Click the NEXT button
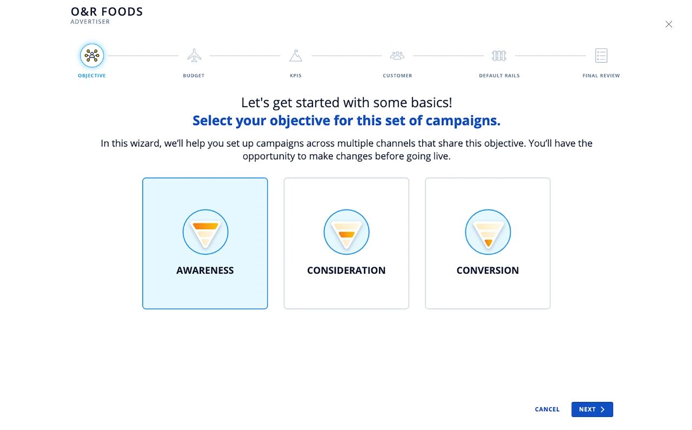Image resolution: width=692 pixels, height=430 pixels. coord(592,409)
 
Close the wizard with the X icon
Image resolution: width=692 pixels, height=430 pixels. coord(669,24)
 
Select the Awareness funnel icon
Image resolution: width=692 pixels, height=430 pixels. coord(205,232)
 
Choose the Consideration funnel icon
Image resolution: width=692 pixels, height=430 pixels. coord(347,232)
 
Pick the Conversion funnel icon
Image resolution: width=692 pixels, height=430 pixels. coord(488,232)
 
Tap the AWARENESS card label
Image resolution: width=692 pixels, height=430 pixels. coord(205,270)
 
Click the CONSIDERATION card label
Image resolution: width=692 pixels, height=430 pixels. coord(347,270)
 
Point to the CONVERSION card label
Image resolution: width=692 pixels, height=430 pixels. coord(488,270)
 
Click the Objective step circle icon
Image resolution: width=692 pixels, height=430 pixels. coord(92,56)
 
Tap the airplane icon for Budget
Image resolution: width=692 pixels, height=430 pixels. coord(194,55)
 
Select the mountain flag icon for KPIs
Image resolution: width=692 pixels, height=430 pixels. coord(296,56)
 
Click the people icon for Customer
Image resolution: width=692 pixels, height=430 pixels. coord(397,56)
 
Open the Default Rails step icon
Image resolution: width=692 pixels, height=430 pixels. coord(499,56)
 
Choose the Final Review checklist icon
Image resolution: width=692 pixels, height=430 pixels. coord(601,56)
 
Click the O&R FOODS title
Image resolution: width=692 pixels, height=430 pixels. coord(107,12)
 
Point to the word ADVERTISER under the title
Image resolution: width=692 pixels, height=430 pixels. coord(90,22)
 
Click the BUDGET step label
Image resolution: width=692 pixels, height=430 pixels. coord(194,75)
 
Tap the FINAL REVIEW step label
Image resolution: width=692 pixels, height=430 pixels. coord(601,75)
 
